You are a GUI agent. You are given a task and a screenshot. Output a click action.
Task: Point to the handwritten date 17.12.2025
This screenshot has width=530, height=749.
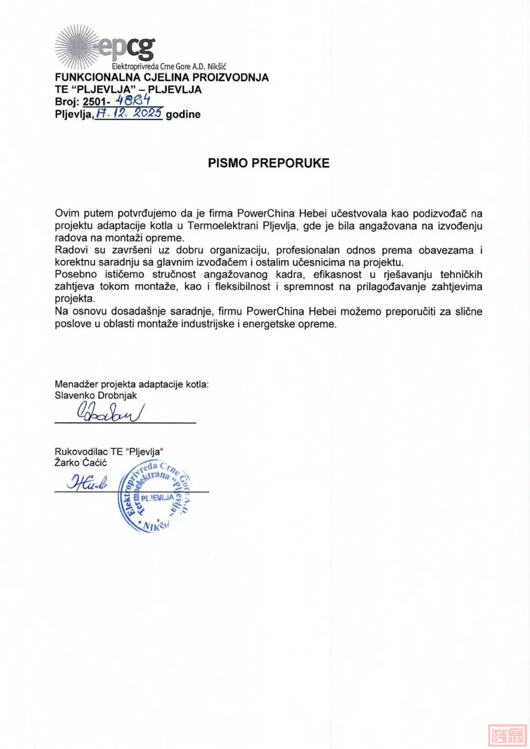(x=129, y=113)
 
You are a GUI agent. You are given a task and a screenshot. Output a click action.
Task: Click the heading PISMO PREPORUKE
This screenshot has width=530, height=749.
(x=268, y=163)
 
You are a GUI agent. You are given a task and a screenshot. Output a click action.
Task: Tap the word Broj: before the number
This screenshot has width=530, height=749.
(x=67, y=102)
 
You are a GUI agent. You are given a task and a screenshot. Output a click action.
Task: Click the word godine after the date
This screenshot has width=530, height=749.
(x=183, y=114)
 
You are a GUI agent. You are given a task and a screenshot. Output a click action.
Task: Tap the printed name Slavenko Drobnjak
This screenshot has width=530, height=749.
(x=96, y=395)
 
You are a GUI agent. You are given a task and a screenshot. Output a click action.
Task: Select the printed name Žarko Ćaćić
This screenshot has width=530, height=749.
(x=80, y=462)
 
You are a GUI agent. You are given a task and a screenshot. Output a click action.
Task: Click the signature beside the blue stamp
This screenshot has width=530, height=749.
(x=87, y=483)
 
